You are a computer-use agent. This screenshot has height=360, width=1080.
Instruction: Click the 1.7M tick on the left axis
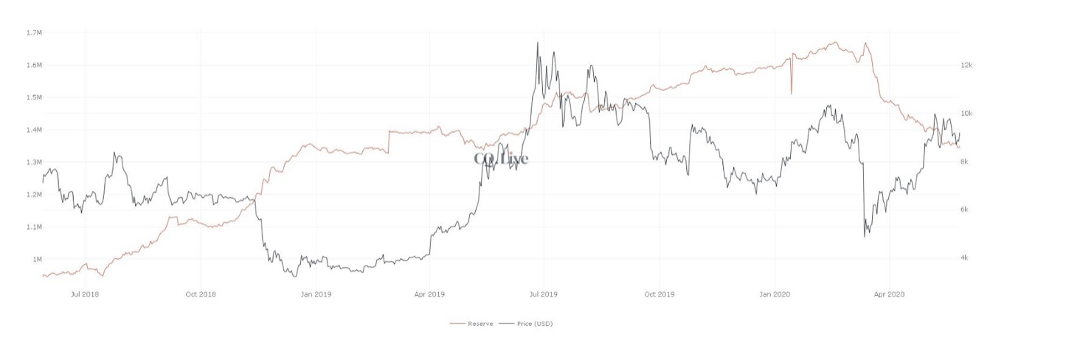pos(34,32)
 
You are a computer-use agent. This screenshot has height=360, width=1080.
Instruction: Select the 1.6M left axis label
pos(34,65)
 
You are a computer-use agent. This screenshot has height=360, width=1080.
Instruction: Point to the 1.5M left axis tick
pos(34,97)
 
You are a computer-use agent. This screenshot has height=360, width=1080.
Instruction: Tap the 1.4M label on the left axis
pos(34,130)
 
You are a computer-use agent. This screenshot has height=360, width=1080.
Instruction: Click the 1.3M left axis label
pos(34,162)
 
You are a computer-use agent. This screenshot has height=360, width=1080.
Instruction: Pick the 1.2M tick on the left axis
pos(34,195)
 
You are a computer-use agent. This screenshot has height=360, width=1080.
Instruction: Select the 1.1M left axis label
pos(34,227)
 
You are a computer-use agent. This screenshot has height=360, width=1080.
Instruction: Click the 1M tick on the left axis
pos(36,260)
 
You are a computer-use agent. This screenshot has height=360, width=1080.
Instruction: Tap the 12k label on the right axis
pos(966,66)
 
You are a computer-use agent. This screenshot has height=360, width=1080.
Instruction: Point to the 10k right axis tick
pos(966,114)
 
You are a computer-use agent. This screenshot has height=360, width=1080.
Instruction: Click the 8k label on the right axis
pos(965,162)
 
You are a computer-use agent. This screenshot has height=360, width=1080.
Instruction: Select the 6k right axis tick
pos(965,210)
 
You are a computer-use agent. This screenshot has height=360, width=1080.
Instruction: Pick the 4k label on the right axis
pos(965,257)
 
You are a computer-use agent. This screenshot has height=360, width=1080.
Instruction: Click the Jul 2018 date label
pos(86,294)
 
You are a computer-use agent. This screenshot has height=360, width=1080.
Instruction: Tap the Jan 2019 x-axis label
pos(316,294)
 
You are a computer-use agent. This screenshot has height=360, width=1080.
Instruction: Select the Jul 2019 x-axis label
pos(544,294)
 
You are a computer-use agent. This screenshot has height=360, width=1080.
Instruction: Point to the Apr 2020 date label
pos(889,294)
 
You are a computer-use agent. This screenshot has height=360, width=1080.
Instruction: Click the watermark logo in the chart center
pos(501,159)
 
